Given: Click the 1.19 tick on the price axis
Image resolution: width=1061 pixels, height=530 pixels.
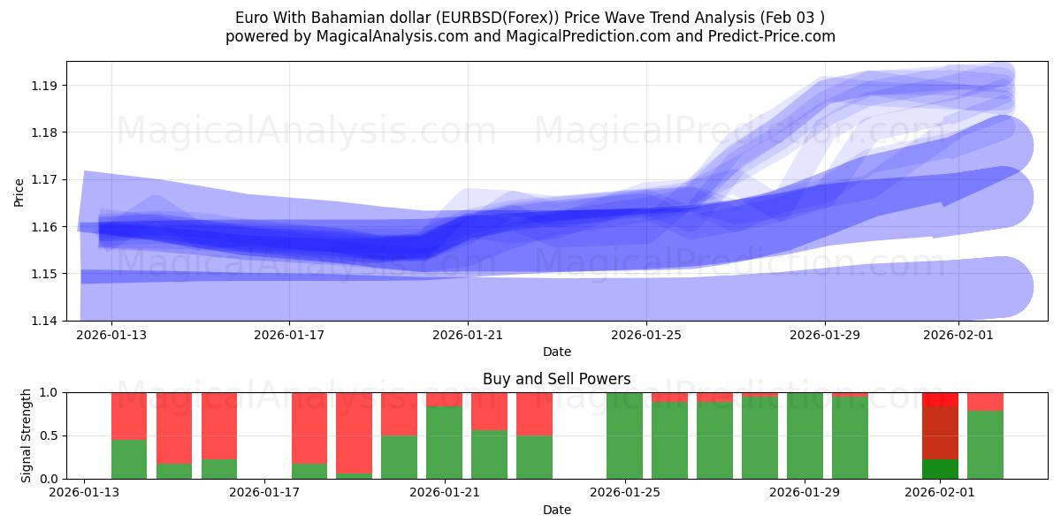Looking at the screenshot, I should (46, 86).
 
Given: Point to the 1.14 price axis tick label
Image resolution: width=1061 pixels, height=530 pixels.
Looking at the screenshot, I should (46, 321).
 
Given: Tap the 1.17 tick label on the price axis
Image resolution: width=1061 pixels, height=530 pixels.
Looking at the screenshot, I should (46, 179).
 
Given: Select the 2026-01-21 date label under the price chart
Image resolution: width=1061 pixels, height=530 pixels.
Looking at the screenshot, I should (468, 336).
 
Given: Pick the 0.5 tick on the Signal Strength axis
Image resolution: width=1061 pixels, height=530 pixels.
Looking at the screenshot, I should (50, 435).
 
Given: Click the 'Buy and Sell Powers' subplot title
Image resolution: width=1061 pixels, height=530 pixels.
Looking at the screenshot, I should (556, 379).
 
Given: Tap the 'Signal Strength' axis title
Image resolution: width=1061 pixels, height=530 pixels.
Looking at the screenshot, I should (27, 435).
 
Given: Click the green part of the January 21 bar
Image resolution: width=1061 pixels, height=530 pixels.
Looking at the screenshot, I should (444, 443).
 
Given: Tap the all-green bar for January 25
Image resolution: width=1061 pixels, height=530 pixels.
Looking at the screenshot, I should (624, 435).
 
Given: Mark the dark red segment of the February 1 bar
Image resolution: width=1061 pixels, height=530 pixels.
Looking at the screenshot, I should (940, 433).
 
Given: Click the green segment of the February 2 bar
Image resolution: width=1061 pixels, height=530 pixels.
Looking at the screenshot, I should (985, 444).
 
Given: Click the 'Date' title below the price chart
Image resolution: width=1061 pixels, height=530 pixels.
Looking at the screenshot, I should (556, 352).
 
